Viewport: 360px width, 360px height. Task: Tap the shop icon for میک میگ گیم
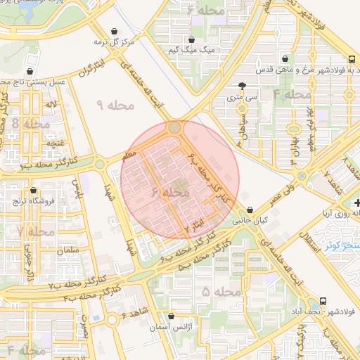click(191, 40)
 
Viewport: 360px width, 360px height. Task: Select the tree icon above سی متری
click(242, 85)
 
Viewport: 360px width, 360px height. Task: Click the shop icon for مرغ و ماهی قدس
click(285, 59)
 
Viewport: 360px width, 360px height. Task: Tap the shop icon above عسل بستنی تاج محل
click(31, 71)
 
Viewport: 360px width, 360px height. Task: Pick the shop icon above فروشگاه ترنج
click(33, 190)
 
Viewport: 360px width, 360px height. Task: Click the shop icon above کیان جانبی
click(250, 209)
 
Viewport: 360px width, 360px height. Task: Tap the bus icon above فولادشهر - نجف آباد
click(323, 300)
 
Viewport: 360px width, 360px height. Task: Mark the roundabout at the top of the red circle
click(174, 128)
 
